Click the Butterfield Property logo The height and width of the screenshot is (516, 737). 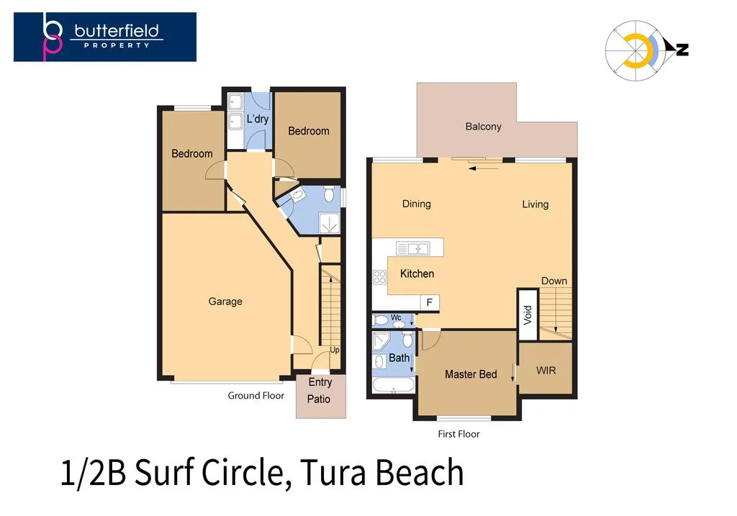pos(105,36)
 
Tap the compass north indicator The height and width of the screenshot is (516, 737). pos(680,49)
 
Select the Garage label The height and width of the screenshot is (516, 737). pos(225,302)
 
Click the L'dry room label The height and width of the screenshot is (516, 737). pos(257,119)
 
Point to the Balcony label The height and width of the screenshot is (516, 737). pos(483,127)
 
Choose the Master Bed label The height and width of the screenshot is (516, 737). pos(471,374)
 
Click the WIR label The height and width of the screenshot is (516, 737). pos(546,370)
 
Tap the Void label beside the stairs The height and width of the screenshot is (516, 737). pos(527,314)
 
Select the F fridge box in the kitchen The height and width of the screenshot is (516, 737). pos(429,303)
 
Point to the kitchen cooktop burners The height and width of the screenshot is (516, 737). pos(379,277)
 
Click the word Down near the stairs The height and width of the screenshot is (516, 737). pos(553,281)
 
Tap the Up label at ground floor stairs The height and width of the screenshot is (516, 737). pos(334,350)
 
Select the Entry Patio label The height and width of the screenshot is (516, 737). pos(320,391)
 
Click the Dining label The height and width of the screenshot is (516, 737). pos(416,204)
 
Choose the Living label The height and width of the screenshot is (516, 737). pos(535,204)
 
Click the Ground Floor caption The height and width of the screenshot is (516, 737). pos(256,395)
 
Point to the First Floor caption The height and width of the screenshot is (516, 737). pos(458,434)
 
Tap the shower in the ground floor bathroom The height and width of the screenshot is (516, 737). pos(330,223)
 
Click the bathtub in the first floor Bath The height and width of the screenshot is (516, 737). pos(393,386)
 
